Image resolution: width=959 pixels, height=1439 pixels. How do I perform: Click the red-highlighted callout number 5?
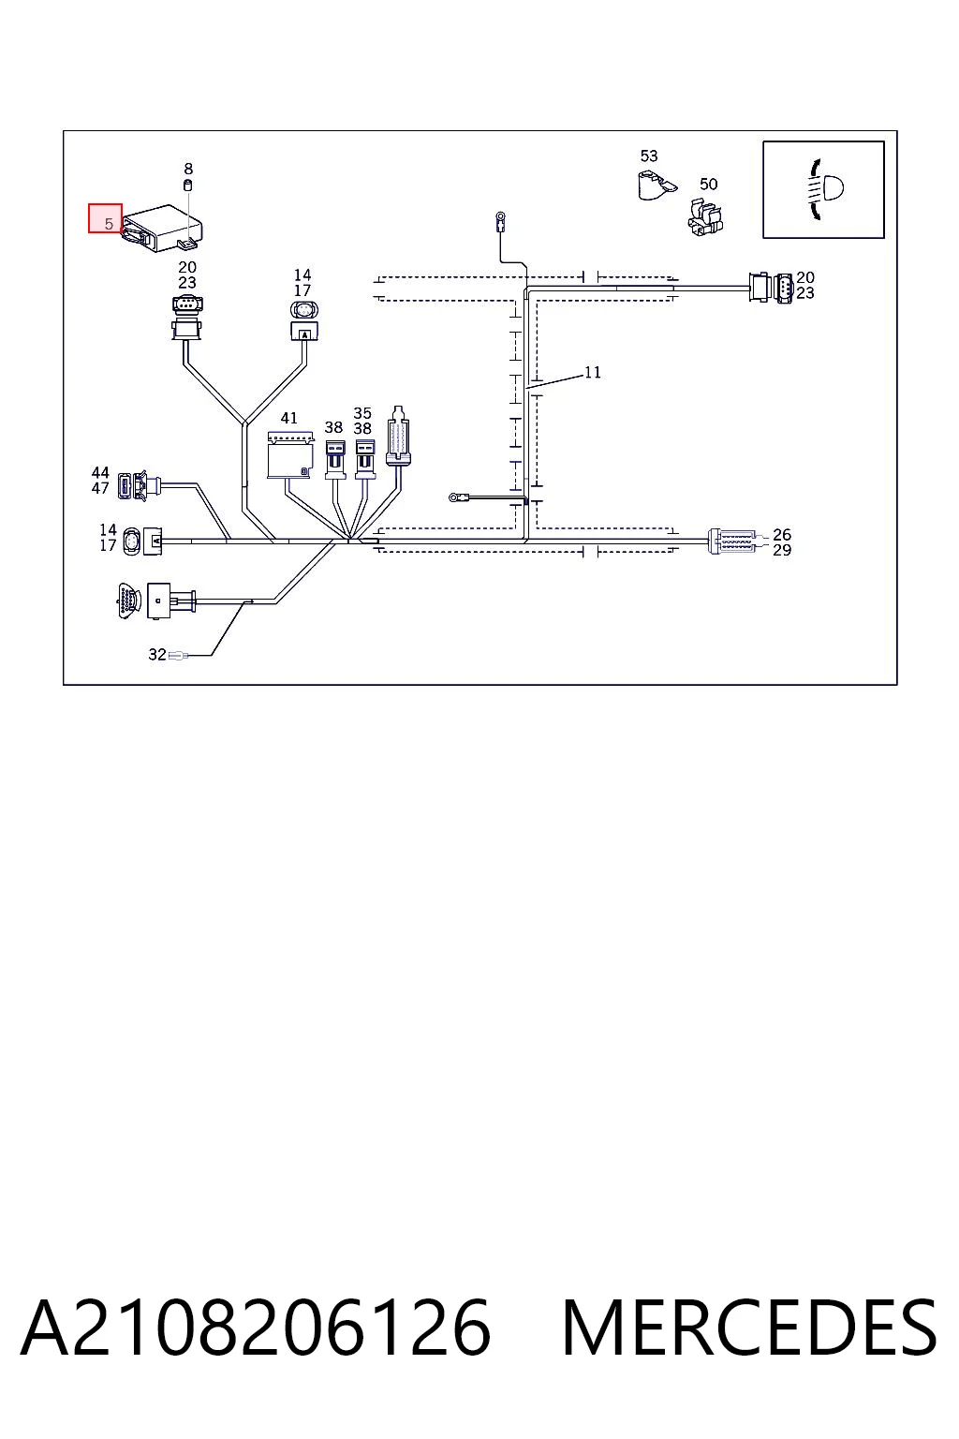pyautogui.click(x=109, y=224)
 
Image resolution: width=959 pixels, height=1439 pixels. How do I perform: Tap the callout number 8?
pyautogui.click(x=188, y=169)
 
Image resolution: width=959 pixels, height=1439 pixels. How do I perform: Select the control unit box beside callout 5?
pyautogui.click(x=162, y=228)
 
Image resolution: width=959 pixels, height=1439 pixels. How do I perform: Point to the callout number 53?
pyautogui.click(x=649, y=156)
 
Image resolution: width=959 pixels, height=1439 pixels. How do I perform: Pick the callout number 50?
pyautogui.click(x=709, y=184)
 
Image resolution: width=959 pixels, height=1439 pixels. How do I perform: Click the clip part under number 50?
pyautogui.click(x=705, y=216)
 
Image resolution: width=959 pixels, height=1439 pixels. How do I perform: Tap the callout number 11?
pyautogui.click(x=592, y=372)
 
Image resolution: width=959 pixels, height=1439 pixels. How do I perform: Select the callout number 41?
pyautogui.click(x=289, y=418)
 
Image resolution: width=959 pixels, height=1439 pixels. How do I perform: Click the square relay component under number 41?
pyautogui.click(x=290, y=454)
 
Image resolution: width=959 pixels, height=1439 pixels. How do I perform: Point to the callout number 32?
pyautogui.click(x=157, y=654)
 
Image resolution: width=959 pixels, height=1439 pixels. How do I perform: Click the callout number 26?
pyautogui.click(x=782, y=534)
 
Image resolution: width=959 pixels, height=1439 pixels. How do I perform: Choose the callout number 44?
pyautogui.click(x=100, y=472)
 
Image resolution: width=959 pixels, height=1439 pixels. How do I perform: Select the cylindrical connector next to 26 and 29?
pyautogui.click(x=732, y=541)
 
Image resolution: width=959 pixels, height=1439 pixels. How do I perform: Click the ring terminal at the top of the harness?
pyautogui.click(x=499, y=220)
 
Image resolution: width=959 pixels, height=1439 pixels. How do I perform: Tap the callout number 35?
pyautogui.click(x=362, y=412)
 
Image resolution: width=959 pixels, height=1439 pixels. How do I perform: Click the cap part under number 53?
pyautogui.click(x=656, y=185)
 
